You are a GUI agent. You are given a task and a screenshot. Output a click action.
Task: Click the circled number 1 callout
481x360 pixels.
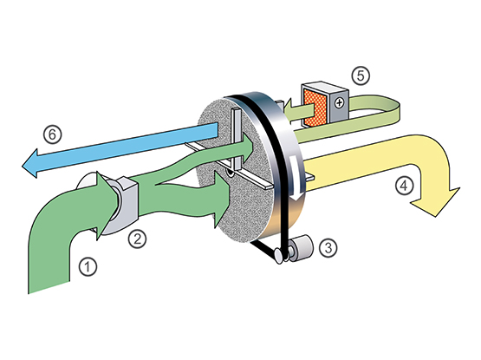click(x=88, y=266)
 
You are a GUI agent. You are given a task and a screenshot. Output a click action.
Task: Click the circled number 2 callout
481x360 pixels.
click(x=137, y=239)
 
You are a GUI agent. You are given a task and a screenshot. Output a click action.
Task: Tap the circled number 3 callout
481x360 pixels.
click(x=328, y=247)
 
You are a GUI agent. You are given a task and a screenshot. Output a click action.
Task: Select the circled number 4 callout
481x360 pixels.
click(x=405, y=186)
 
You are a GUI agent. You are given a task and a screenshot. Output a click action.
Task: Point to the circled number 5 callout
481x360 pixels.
click(x=361, y=75)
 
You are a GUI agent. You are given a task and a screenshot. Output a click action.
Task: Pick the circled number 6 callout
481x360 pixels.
click(x=53, y=134)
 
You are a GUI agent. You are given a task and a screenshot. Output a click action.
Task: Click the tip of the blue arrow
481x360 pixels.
click(x=22, y=167)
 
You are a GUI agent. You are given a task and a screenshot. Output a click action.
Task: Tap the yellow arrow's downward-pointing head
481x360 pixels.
click(x=436, y=201)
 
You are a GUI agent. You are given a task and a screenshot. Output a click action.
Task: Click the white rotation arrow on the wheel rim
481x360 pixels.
click(x=294, y=178)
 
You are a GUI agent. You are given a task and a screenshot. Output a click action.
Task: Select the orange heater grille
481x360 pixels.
click(x=315, y=108)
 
